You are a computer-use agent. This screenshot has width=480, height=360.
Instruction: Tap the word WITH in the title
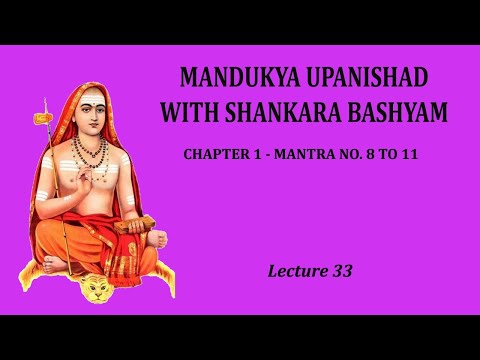[x=191, y=111]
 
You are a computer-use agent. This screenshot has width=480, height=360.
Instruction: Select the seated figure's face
[x=93, y=115]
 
